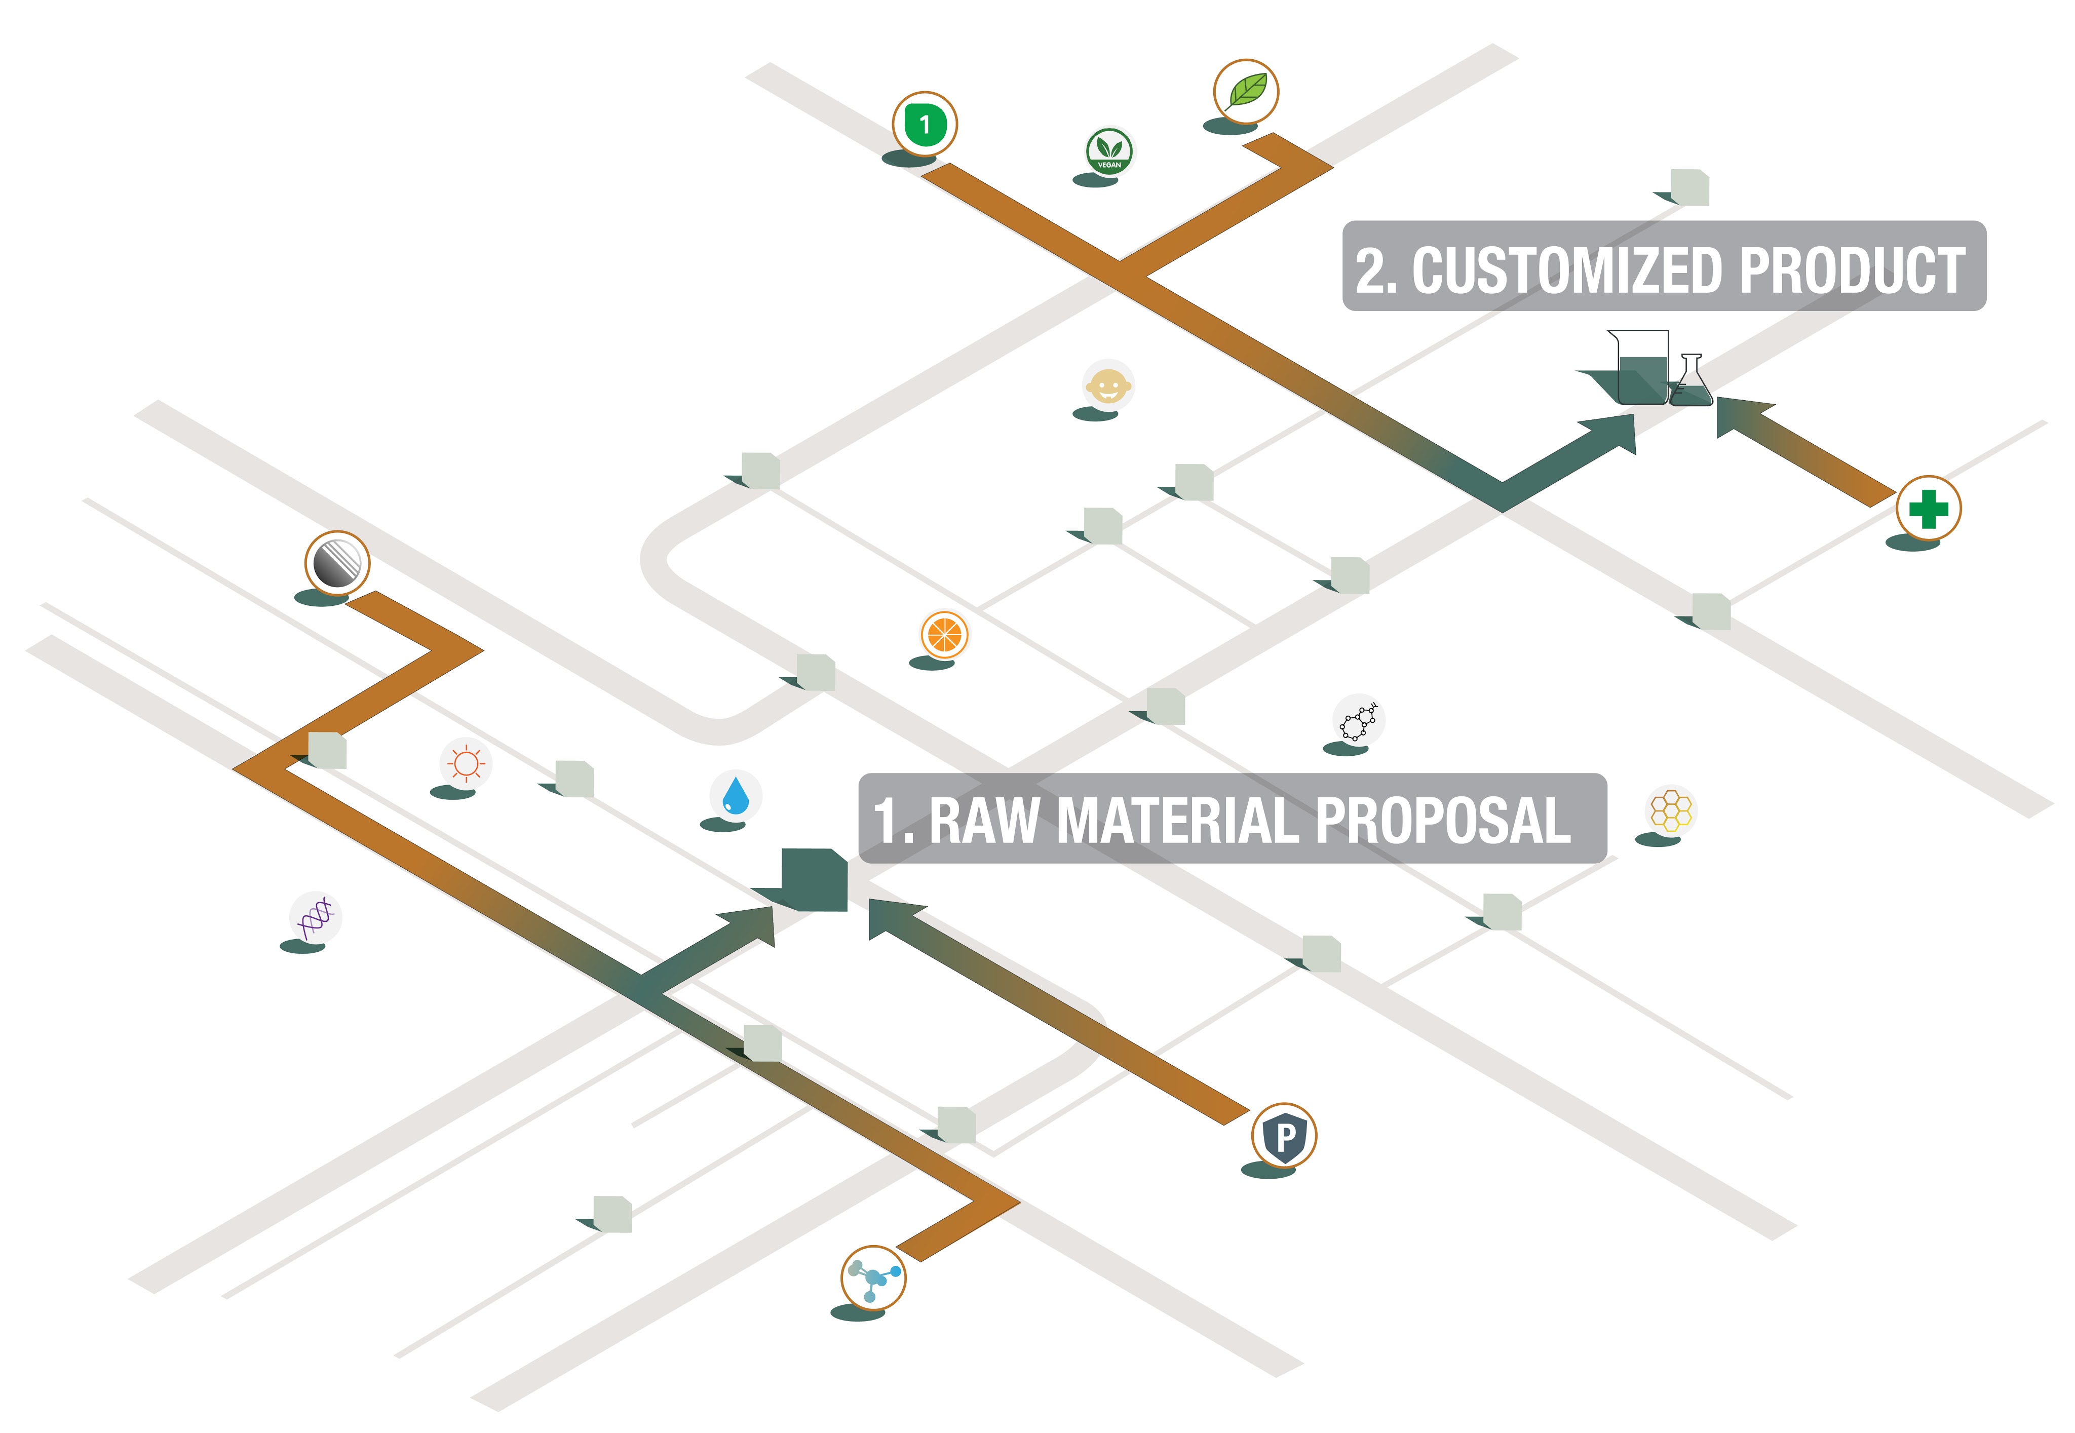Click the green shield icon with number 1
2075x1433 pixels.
[x=924, y=124]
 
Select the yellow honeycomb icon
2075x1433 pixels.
[x=1670, y=810]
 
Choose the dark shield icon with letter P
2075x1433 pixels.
[x=1284, y=1136]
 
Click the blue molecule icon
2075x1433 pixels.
[x=873, y=1277]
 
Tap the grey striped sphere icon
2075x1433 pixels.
[x=337, y=563]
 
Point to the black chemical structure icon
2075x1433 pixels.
[x=1359, y=719]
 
